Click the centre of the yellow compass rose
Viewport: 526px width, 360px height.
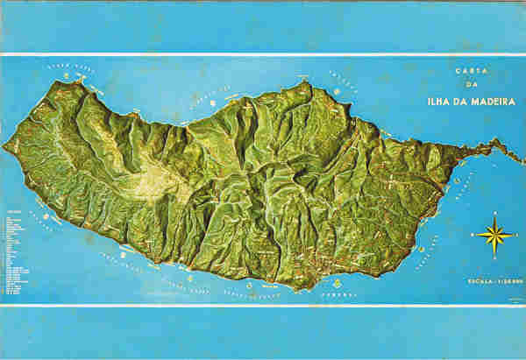[x=494, y=234]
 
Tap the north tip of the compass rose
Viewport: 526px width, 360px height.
[x=494, y=212]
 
